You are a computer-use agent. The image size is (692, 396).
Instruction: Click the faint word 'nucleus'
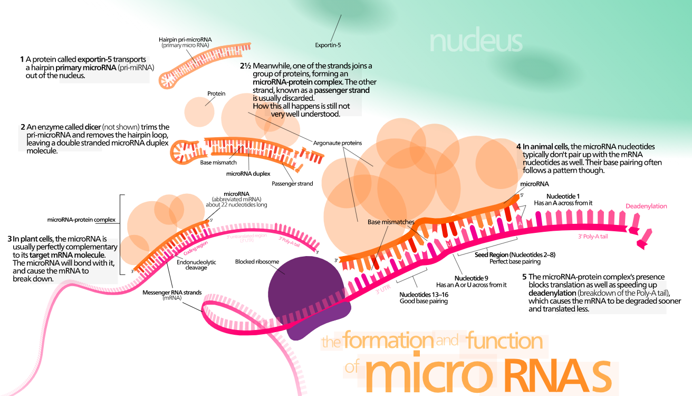(x=476, y=41)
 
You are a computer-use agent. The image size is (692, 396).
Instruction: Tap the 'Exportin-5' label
(x=328, y=45)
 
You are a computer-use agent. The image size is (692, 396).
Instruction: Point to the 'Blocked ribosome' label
(x=257, y=261)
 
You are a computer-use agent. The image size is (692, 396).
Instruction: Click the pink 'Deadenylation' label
(x=646, y=206)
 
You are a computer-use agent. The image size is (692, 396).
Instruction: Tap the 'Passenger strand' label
(x=292, y=184)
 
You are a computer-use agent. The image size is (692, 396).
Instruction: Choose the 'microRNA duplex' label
(x=248, y=173)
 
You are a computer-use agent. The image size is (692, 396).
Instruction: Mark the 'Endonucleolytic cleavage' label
(x=196, y=265)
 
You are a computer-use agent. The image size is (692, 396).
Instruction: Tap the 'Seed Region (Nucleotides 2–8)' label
(x=515, y=254)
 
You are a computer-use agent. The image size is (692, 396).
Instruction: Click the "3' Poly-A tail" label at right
(x=593, y=237)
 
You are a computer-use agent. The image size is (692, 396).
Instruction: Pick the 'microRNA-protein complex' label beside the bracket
(x=81, y=220)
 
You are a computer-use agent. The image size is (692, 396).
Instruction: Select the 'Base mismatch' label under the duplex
(x=218, y=163)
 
